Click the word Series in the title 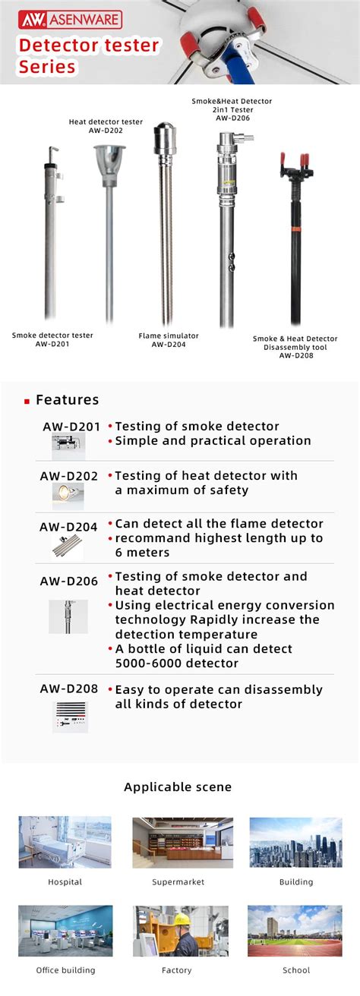(47, 67)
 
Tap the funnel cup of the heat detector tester (110, 159)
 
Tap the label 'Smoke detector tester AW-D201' (52, 339)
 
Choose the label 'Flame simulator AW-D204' (168, 339)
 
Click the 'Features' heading (67, 400)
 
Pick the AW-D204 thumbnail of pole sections (68, 546)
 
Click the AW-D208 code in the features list (69, 689)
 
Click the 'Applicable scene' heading (178, 787)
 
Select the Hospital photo (65, 842)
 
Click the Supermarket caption (178, 882)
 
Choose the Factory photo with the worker (180, 930)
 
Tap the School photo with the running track (295, 930)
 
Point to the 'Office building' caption (66, 970)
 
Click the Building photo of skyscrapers (295, 842)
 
